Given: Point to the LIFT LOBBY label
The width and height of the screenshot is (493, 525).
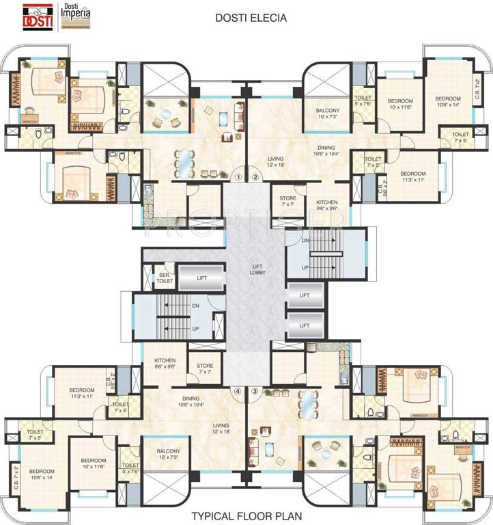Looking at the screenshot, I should click(x=257, y=269).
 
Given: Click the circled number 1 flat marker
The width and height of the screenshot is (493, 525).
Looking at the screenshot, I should click(x=238, y=177).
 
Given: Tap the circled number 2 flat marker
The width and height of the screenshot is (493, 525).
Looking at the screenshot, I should click(x=255, y=177).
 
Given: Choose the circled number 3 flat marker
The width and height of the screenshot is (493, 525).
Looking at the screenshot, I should click(x=255, y=392).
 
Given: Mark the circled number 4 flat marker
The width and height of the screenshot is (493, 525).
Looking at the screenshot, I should click(x=238, y=392).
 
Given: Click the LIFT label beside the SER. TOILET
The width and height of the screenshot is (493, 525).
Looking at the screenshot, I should click(x=201, y=278).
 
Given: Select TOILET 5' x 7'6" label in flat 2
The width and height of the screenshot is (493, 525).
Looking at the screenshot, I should click(x=363, y=101).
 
